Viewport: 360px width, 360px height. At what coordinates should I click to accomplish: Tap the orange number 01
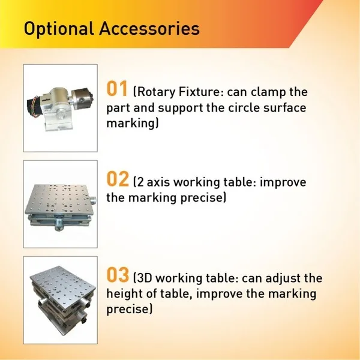pos(117,90)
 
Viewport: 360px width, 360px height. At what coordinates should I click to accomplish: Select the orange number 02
pos(118,179)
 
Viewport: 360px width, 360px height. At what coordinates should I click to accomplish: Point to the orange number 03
pos(118,276)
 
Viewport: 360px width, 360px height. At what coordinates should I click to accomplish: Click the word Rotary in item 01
pos(155,93)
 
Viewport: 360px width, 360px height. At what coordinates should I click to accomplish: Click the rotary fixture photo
pos(60,107)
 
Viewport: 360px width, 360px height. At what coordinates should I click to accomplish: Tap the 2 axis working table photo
pos(60,204)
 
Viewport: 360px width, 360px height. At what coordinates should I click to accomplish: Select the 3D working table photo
pos(60,299)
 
